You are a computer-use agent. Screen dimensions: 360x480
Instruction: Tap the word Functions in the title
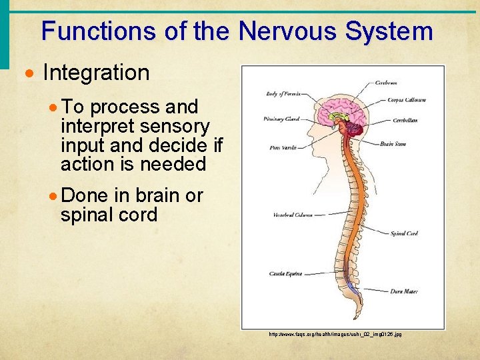[101, 31]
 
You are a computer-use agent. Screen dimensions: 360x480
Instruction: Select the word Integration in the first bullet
[96, 73]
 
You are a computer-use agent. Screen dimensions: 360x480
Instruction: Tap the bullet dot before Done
[55, 196]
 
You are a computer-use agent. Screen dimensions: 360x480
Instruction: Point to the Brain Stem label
[394, 144]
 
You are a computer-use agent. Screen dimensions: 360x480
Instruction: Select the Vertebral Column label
[292, 215]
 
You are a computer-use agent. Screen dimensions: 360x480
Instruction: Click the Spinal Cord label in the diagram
[403, 233]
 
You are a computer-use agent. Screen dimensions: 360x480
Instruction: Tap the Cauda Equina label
[285, 273]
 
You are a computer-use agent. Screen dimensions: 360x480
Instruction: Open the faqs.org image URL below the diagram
[335, 334]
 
